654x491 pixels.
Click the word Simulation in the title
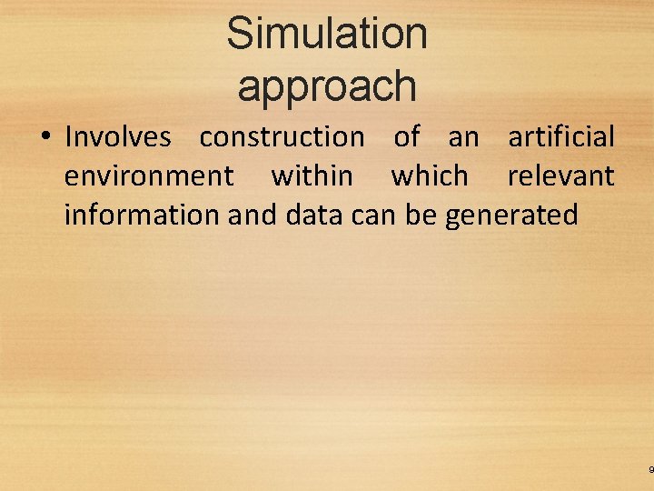(327, 34)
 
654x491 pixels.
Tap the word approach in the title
(327, 86)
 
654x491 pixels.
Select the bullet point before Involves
(44, 137)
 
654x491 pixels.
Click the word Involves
(118, 137)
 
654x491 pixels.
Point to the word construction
(282, 137)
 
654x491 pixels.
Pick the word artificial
(561, 137)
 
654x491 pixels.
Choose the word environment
(149, 175)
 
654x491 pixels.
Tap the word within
(312, 175)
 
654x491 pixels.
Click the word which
(430, 175)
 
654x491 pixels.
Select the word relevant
(561, 175)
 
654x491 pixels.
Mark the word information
(142, 215)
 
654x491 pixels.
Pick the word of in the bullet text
(406, 137)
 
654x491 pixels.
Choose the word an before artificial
(463, 137)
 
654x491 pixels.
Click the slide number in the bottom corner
(650, 470)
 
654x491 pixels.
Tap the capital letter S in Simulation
(240, 34)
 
